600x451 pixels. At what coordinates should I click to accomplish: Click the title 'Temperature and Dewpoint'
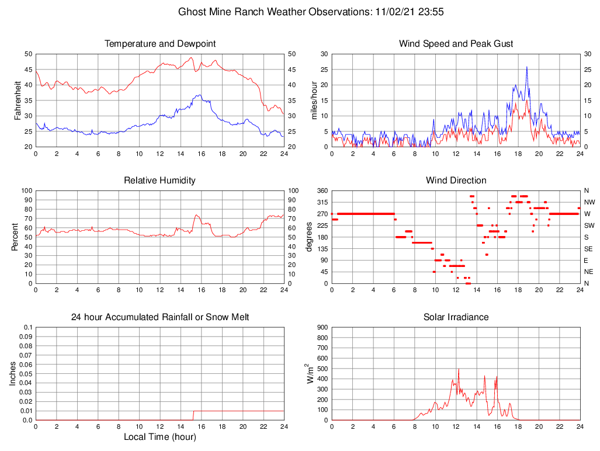coord(159,44)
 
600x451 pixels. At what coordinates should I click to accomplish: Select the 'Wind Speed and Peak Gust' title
coord(456,44)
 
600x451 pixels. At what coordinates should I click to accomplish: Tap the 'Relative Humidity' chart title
coord(159,181)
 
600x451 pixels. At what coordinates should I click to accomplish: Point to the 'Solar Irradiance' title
coord(456,317)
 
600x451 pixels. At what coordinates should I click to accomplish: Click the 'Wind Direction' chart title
coord(456,181)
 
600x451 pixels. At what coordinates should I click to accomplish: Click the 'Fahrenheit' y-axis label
coord(18,100)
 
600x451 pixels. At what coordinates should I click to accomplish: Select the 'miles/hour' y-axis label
coord(314,100)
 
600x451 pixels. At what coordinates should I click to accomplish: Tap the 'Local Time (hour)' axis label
coord(159,437)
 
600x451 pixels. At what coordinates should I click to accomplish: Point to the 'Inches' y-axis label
coord(13,374)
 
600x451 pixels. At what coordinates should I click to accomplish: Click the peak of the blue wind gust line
coord(526,67)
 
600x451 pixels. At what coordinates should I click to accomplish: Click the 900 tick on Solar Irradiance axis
coord(322,328)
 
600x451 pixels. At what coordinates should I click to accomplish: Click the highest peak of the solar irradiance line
coord(459,369)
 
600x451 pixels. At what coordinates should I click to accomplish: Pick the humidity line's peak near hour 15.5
coord(196,215)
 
